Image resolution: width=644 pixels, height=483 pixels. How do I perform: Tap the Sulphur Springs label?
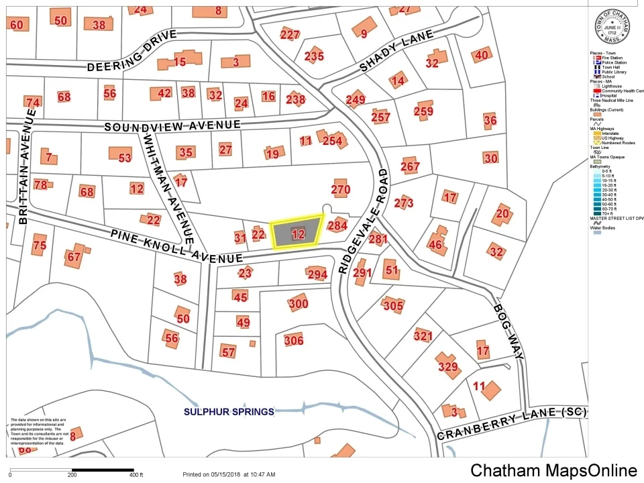[x=229, y=411]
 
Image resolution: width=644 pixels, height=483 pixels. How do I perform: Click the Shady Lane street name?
[x=392, y=52]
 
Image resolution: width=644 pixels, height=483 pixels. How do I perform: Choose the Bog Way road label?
[x=508, y=331]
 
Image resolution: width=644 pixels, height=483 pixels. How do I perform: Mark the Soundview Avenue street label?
[x=172, y=125]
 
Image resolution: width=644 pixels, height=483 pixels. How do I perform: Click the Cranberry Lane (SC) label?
[x=512, y=424]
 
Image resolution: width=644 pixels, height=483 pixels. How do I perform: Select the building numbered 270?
[x=341, y=189]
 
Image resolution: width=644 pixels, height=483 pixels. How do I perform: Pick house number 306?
[x=294, y=340]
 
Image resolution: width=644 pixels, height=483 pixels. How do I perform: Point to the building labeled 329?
[x=447, y=366]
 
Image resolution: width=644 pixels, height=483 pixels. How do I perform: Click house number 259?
[x=423, y=111]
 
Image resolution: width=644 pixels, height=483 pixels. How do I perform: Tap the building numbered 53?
[x=125, y=158]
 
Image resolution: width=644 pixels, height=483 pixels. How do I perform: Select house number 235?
[x=313, y=56]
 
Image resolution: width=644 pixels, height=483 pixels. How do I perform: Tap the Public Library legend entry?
[x=611, y=72]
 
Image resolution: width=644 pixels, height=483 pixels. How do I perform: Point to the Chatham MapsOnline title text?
[x=553, y=470]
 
